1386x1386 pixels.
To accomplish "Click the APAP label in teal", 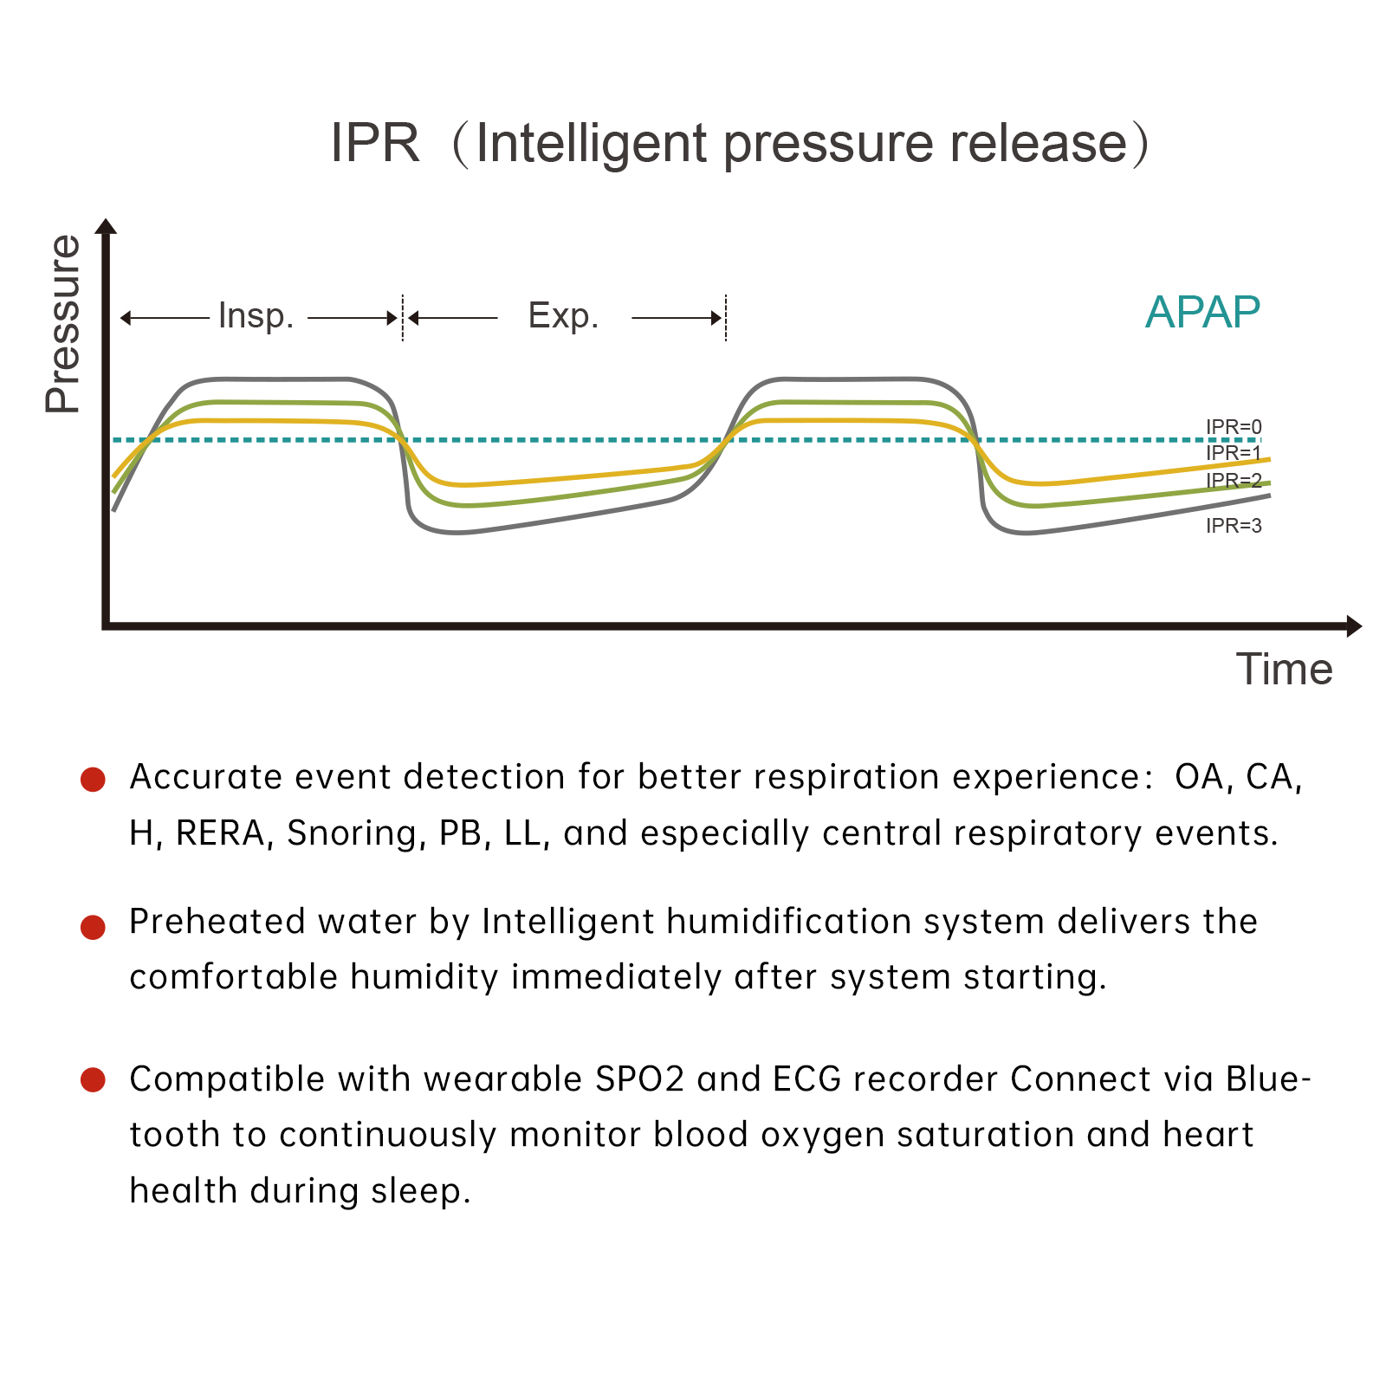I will point(1202,313).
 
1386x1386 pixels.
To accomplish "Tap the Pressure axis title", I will point(63,324).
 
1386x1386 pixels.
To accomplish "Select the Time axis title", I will point(1284,670).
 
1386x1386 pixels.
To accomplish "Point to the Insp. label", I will point(256,317).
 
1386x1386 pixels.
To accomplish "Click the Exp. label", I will point(564,317).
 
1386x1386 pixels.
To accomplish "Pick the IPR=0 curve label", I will point(1234,427).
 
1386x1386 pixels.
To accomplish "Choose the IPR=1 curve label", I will point(1234,453).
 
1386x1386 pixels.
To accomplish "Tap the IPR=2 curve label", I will point(1234,481).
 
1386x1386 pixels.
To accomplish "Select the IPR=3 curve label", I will point(1234,526).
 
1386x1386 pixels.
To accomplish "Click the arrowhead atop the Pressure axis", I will point(107,227).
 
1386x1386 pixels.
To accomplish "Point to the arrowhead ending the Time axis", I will point(1353,625).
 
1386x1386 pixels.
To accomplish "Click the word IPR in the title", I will point(375,143).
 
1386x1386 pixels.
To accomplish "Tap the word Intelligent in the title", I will point(593,145).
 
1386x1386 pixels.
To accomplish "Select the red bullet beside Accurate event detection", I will point(93,779).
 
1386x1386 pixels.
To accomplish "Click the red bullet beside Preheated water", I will point(93,927).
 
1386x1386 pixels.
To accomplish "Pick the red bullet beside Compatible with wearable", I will point(93,1080).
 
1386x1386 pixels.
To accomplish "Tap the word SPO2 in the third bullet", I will point(640,1080).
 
